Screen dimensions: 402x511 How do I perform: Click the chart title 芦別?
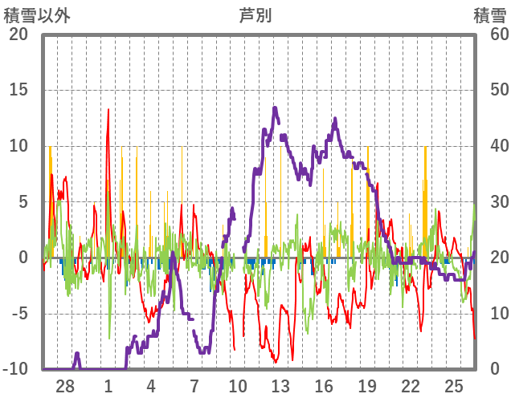[x=255, y=14]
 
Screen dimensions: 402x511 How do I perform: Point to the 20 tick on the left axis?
[x=18, y=35]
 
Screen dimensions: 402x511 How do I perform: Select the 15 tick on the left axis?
[x=18, y=90]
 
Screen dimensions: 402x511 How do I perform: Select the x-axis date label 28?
[x=65, y=385]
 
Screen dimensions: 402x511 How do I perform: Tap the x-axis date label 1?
[x=108, y=385]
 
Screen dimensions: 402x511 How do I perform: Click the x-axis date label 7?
[x=194, y=385]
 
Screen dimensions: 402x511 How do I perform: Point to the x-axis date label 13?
[x=280, y=385]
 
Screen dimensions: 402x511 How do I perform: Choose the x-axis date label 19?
[x=367, y=385]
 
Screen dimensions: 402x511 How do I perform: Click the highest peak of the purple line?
[x=275, y=108]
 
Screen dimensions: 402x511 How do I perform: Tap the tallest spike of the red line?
[x=108, y=110]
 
